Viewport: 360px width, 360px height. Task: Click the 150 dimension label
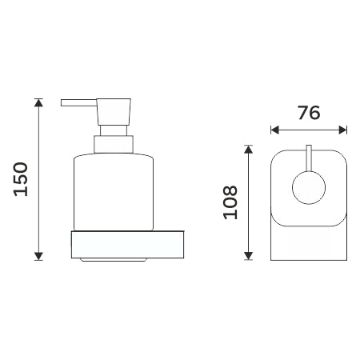[x=21, y=179]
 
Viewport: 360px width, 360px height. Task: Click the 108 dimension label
[x=230, y=202]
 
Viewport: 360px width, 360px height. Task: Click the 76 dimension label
[x=309, y=113]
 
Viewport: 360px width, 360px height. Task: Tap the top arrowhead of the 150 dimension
[x=39, y=103]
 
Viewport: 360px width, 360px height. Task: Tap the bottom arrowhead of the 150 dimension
[x=39, y=256]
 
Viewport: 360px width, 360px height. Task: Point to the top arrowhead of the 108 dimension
[x=248, y=150]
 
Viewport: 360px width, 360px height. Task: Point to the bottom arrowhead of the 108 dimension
[x=248, y=256]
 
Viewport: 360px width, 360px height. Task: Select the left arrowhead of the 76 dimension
[x=275, y=130]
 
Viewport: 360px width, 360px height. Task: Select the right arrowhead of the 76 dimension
[x=342, y=130]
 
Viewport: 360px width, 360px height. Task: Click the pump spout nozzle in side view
[x=78, y=103]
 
